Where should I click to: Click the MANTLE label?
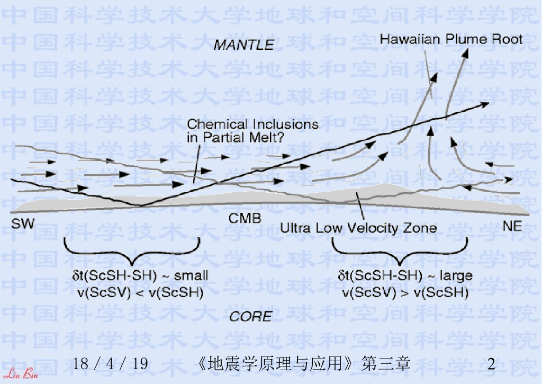coord(243,45)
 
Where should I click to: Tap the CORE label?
coord(250,317)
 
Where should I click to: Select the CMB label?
coord(245,218)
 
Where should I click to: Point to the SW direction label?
coord(23,224)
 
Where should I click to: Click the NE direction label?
coord(511,227)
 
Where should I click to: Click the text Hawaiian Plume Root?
coord(451,39)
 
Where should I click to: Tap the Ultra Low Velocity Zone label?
coord(358,228)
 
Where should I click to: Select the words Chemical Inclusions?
coord(252,124)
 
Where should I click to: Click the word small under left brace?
coord(191,275)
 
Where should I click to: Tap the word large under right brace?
coord(455,276)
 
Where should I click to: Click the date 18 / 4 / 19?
coord(110,364)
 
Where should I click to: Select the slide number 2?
coord(492,364)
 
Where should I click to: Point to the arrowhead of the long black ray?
coord(485,104)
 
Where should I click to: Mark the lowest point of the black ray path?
coord(140,204)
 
